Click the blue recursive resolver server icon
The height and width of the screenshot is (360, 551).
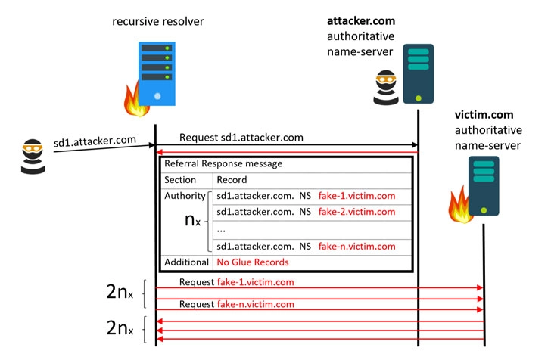154,73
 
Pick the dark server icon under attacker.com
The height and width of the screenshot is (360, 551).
418,73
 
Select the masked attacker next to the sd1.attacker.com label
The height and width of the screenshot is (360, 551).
32,154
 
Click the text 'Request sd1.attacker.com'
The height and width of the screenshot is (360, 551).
241,138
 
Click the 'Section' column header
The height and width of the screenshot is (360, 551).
180,180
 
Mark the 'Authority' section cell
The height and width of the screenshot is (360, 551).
185,196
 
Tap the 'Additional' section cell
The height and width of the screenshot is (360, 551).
186,262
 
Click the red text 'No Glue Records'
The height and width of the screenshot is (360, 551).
253,262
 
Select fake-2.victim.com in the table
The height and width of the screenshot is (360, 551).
356,212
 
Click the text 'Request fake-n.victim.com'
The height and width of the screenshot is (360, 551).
236,305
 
